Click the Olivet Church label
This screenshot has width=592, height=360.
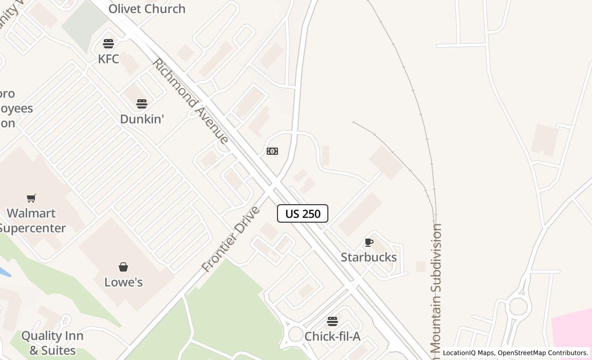147,9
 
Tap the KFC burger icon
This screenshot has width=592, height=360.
108,43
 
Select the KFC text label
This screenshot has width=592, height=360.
108,59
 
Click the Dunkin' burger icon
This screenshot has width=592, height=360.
142,104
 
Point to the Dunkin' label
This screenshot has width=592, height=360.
142,119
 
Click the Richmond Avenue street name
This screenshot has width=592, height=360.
190,101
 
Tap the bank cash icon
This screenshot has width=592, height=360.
272,151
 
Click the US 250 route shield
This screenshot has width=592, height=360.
303,213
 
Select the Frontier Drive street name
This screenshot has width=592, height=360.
231,239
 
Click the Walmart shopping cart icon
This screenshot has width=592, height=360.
31,198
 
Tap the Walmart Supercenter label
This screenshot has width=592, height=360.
32,221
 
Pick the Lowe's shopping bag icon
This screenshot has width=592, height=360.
123,267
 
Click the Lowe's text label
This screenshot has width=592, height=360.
123,282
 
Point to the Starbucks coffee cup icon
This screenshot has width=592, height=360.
368,242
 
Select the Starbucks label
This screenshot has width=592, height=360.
368,257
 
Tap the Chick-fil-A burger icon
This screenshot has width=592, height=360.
332,321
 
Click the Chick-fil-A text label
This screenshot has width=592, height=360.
332,336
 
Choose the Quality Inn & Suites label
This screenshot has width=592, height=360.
49,343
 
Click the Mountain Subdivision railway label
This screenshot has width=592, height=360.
437,288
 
